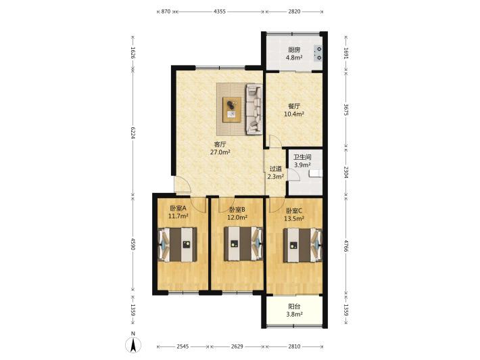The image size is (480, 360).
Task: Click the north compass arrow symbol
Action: pyautogui.click(x=133, y=344)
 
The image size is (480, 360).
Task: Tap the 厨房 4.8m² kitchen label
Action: pyautogui.click(x=294, y=53)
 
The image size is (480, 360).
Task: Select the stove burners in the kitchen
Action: pyautogui.click(x=318, y=53)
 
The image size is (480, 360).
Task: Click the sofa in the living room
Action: pyautogui.click(x=254, y=110)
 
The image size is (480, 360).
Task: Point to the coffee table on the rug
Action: pyautogui.click(x=232, y=110)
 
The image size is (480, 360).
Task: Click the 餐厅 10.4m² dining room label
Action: pyautogui.click(x=294, y=110)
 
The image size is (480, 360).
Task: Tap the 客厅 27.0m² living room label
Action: pyautogui.click(x=220, y=148)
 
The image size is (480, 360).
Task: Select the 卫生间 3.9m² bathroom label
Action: pyautogui.click(x=302, y=161)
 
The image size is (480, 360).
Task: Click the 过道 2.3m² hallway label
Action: pyautogui.click(x=275, y=173)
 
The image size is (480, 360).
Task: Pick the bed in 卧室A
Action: pyautogui.click(x=178, y=244)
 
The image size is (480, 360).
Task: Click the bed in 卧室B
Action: pyautogui.click(x=243, y=244)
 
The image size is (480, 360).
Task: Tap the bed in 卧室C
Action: pyautogui.click(x=303, y=245)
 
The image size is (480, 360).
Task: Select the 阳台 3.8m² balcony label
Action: pyautogui.click(x=294, y=310)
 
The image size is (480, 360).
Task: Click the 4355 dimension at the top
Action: pyautogui.click(x=220, y=12)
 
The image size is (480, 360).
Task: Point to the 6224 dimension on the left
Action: pyautogui.click(x=133, y=133)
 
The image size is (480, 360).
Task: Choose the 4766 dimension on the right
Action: pyautogui.click(x=346, y=246)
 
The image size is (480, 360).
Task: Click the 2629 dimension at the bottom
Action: pyautogui.click(x=237, y=346)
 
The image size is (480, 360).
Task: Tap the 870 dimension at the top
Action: pyautogui.click(x=166, y=12)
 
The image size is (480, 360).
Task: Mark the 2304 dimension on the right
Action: pyautogui.click(x=346, y=173)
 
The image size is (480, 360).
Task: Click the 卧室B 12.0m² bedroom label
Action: pyautogui.click(x=237, y=214)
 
